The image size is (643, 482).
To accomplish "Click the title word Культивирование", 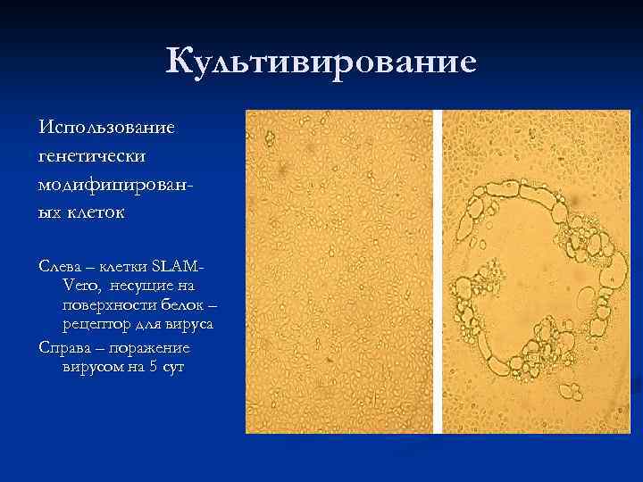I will coord(321,62).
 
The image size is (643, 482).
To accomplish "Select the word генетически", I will coord(94,155).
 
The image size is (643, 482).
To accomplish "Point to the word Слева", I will coord(62,266).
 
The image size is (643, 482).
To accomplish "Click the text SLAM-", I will coord(179,266).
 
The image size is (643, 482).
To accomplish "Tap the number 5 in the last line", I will coord(154,366).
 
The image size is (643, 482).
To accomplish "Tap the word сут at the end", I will coord(174,366).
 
